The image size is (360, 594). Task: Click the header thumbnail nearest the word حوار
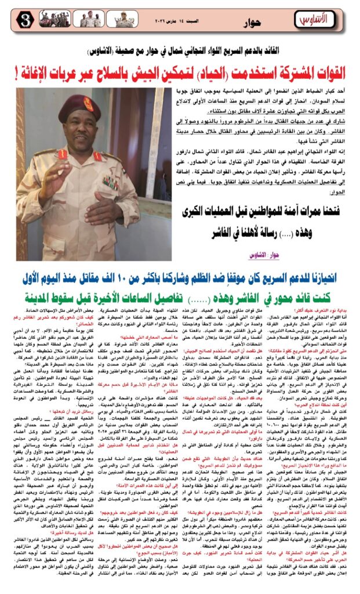[x=124, y=19]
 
